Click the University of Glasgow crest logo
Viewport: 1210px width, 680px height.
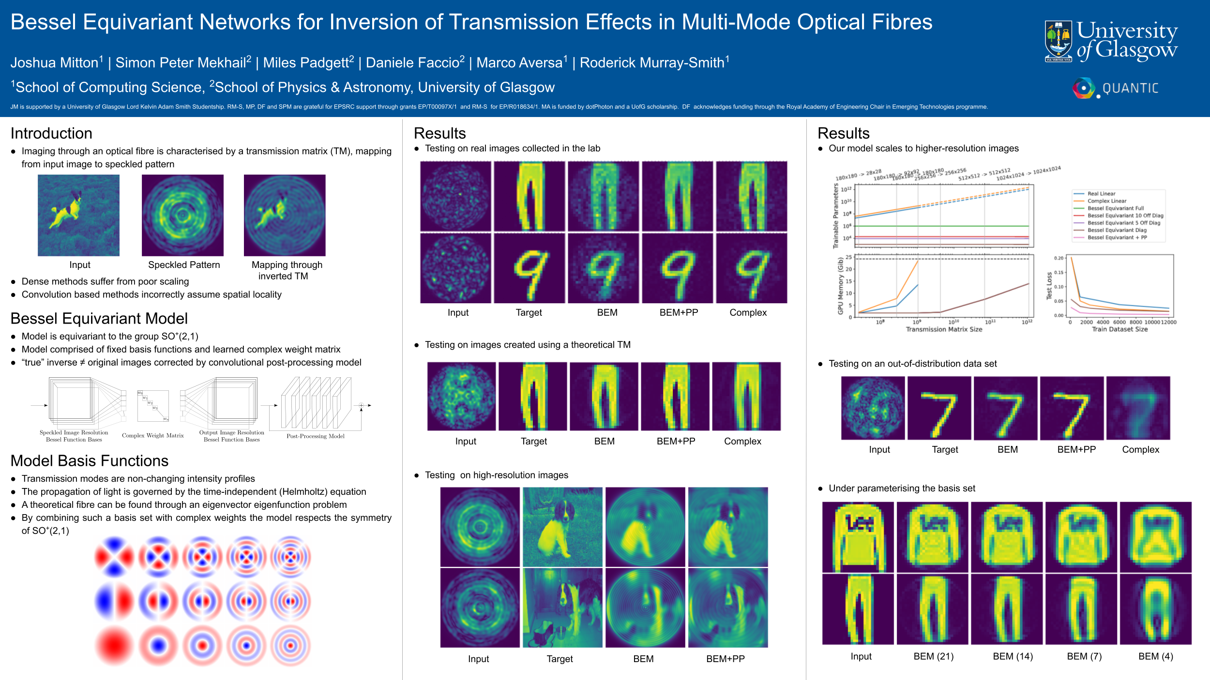tap(1059, 41)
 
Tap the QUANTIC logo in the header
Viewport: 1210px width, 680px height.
tap(1115, 88)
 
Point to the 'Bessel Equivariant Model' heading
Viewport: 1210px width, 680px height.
tap(99, 319)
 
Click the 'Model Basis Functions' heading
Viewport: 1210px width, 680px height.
tap(89, 461)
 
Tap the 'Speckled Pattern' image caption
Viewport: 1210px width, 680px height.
tap(184, 265)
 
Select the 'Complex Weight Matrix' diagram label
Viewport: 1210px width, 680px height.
tap(153, 436)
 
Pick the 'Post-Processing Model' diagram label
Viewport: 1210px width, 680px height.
tap(316, 436)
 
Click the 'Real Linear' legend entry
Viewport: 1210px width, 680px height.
tap(1101, 193)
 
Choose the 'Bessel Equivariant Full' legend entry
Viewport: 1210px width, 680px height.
tap(1115, 208)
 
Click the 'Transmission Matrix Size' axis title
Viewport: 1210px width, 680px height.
tap(944, 329)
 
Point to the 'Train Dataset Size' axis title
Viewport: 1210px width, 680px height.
tap(1119, 329)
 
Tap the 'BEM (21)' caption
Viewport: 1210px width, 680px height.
tap(934, 656)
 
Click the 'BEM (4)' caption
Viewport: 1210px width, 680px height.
tap(1155, 656)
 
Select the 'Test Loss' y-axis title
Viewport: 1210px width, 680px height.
tap(1049, 286)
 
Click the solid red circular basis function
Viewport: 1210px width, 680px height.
tap(114, 646)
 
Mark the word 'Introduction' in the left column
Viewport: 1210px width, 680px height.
tap(51, 133)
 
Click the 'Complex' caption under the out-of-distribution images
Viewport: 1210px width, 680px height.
tap(1140, 450)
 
